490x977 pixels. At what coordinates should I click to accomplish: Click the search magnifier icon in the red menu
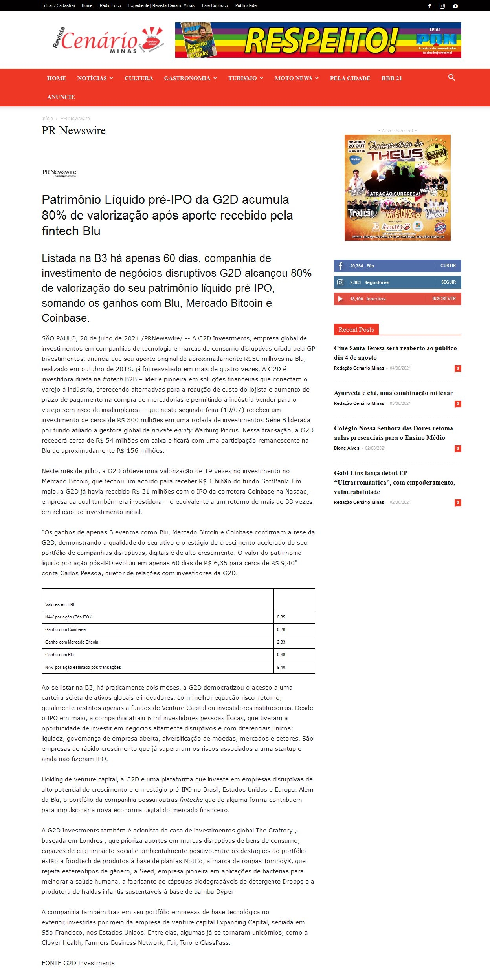tap(451, 77)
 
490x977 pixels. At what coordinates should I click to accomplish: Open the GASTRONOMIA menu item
tap(187, 78)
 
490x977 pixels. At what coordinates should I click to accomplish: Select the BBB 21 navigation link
tap(391, 78)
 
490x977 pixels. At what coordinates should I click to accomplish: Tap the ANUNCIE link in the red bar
tap(61, 97)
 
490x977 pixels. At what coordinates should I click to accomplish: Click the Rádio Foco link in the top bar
tap(110, 5)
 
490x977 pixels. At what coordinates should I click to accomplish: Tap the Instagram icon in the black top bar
tap(442, 6)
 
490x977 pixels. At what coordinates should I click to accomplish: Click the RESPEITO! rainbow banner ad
tap(318, 40)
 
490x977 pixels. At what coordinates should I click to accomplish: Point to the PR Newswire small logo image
tap(59, 173)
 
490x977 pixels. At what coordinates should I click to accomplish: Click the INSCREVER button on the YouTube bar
tap(444, 299)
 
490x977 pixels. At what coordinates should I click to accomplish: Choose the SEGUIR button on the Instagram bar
tap(448, 282)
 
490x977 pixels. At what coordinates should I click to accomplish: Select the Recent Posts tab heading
tap(356, 330)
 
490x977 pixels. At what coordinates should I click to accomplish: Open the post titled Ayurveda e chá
tap(393, 393)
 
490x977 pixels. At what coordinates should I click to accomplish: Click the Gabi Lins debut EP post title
tap(394, 482)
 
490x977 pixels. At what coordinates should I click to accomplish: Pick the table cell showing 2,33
tap(281, 642)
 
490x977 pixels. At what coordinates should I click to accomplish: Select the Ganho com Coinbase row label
tap(65, 629)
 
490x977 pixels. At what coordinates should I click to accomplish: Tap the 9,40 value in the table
tap(281, 667)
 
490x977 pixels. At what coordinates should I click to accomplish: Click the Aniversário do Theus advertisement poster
tap(397, 188)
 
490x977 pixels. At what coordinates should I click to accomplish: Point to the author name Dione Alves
tap(347, 448)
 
